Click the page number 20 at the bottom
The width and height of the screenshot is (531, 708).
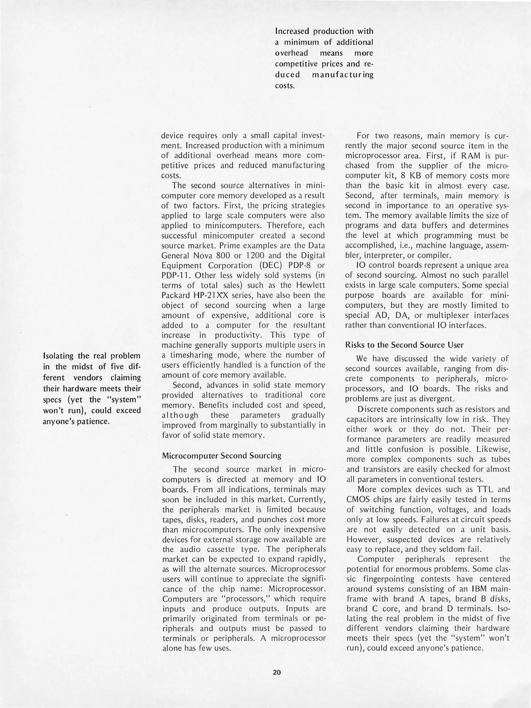276,672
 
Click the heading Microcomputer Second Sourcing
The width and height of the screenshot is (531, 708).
222,456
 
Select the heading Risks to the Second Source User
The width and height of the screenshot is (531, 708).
404,345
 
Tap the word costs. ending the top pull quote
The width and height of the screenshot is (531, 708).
284,86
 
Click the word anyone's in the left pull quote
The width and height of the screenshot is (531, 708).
58,421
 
